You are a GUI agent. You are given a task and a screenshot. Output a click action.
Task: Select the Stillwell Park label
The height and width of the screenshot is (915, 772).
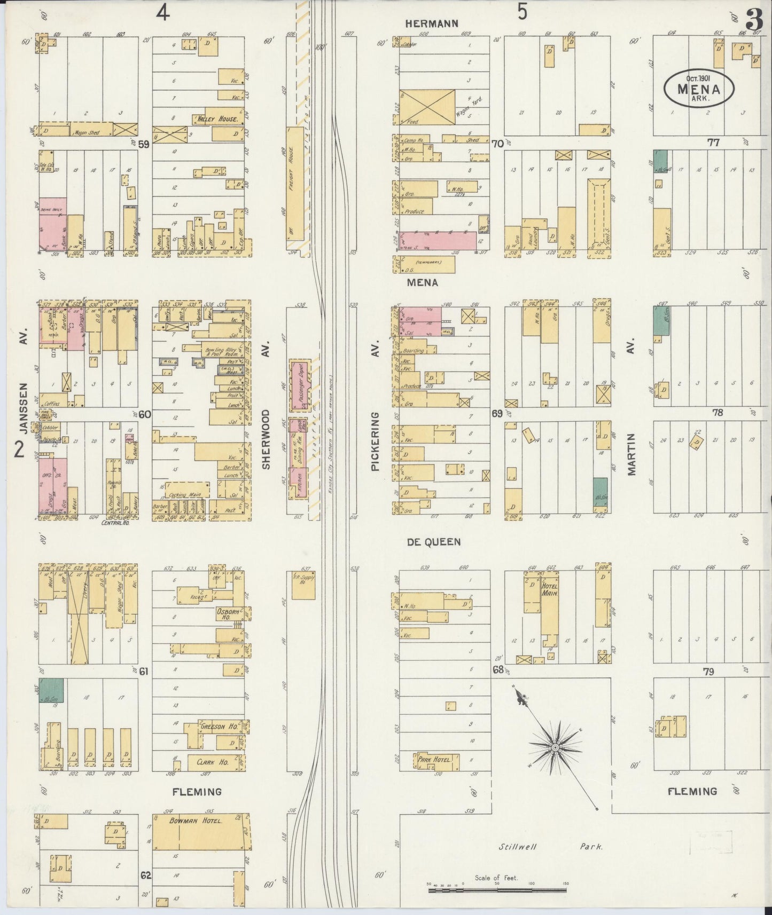550,847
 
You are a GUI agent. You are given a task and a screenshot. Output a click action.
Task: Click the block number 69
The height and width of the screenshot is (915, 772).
497,413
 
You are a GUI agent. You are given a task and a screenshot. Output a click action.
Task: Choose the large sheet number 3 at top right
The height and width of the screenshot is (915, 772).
754,22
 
